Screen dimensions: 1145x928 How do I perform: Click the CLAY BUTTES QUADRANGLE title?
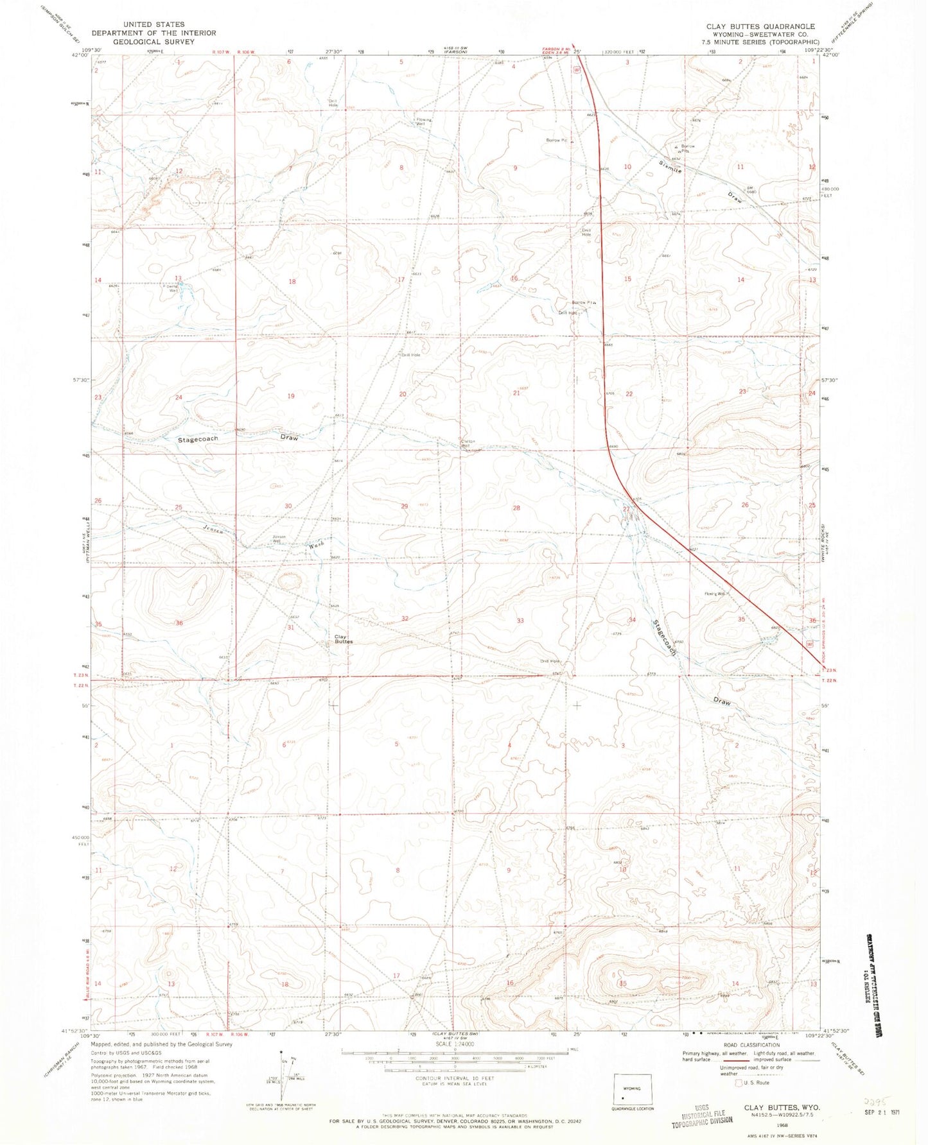tap(760, 26)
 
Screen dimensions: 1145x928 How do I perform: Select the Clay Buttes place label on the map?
tap(343, 639)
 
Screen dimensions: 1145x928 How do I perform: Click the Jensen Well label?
tap(278, 538)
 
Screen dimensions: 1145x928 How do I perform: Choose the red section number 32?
tap(405, 619)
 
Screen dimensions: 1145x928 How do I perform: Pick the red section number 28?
tap(516, 508)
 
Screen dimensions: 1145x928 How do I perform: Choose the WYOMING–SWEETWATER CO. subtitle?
tap(760, 34)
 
